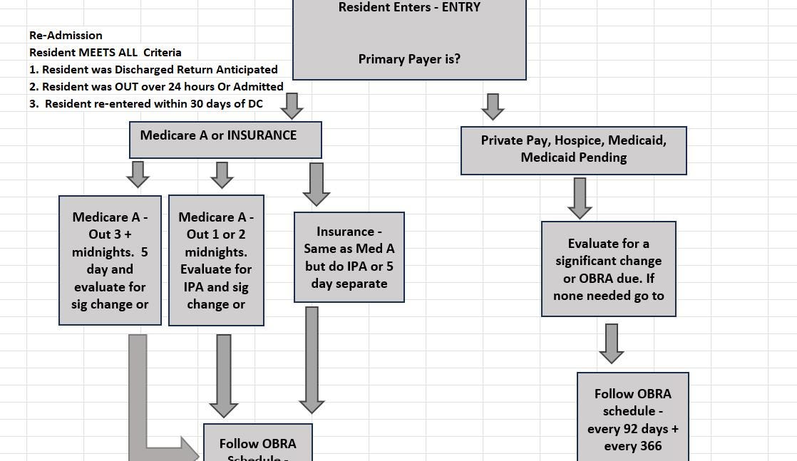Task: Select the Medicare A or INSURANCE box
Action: [225, 139]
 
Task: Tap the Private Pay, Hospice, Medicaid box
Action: [573, 150]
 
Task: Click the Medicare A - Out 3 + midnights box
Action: [110, 260]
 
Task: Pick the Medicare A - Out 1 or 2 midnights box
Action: [216, 260]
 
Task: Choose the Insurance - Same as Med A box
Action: [349, 257]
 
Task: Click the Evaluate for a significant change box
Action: [608, 269]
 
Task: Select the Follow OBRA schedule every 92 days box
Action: [632, 419]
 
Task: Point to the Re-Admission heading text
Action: [66, 35]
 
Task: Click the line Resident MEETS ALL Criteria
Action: [105, 52]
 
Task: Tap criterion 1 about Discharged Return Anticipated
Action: [153, 69]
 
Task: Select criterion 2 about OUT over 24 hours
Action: [156, 86]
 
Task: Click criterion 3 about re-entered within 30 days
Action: [146, 103]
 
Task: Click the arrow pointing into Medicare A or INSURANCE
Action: [292, 106]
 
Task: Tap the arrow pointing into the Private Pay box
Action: [493, 107]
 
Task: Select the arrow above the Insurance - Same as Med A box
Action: [316, 184]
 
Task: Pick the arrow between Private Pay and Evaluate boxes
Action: [580, 197]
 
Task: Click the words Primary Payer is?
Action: [409, 59]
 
